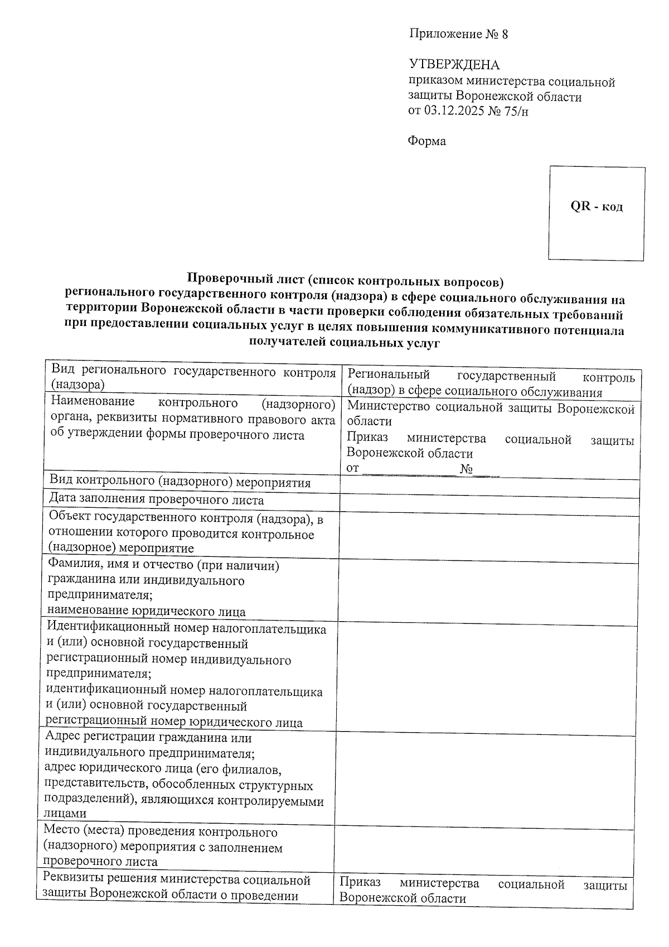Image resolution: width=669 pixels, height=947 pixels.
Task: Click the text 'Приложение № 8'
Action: pos(459,34)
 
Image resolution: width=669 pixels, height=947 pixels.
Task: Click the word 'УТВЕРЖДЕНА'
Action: pos(454,65)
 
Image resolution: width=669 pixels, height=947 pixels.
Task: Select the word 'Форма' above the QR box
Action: pos(427,141)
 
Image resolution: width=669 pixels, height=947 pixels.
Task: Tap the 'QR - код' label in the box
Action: pos(597,206)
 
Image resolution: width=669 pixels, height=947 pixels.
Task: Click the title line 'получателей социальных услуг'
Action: pos(345,343)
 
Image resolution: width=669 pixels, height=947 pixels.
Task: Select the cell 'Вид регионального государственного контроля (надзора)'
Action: pos(192,378)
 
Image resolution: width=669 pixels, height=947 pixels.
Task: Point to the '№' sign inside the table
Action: pos(467,469)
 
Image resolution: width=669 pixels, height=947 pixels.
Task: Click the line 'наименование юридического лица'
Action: pos(146,612)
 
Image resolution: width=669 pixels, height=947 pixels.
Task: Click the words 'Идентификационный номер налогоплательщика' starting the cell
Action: pos(187,629)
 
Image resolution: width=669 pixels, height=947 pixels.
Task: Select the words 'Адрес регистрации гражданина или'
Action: pos(148,738)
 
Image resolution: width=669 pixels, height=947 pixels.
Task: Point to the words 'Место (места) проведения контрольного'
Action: pos(161,832)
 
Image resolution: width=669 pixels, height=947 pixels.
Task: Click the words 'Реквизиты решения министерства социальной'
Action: pos(177,880)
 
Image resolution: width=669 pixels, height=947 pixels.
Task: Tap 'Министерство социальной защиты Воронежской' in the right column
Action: pos(491,409)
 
